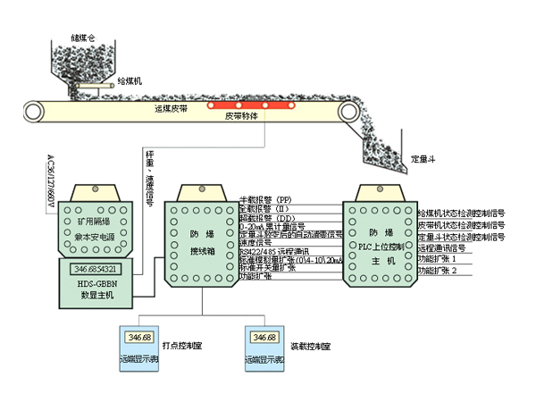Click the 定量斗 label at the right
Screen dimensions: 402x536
point(423,158)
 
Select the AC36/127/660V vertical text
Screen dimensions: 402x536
point(50,183)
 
